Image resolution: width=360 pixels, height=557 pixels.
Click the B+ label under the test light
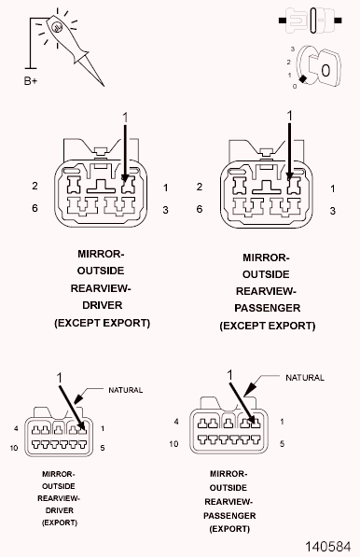click(31, 80)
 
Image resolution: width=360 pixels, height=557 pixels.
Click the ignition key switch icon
click(319, 68)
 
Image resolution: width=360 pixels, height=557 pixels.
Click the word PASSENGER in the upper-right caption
click(267, 309)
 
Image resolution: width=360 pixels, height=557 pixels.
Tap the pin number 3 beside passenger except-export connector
click(333, 212)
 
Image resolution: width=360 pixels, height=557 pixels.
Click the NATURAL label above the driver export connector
click(126, 390)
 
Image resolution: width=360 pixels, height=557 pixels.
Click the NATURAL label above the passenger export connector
click(304, 378)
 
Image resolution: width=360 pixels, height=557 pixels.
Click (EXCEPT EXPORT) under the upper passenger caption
click(267, 327)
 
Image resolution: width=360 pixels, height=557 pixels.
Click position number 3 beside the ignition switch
click(293, 46)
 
